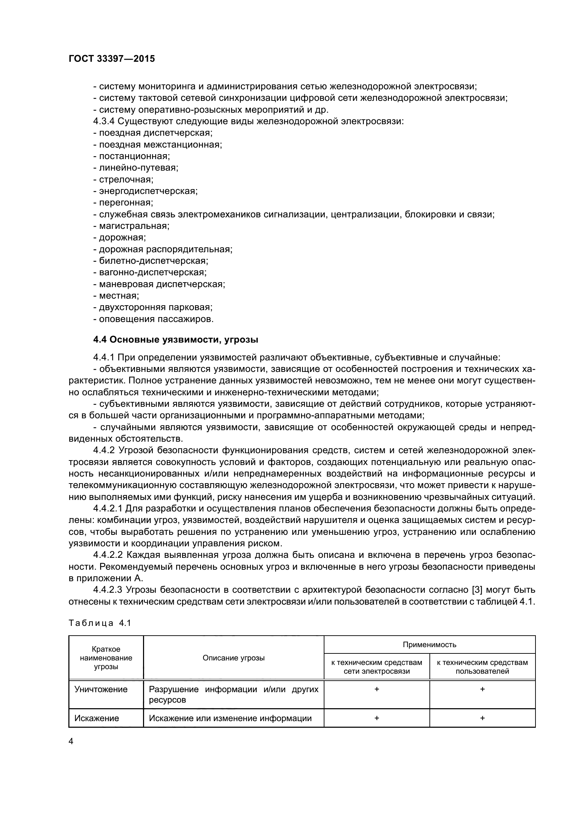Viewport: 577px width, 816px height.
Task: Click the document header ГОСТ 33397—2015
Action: point(112,59)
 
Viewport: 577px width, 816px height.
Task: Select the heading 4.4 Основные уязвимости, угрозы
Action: point(175,340)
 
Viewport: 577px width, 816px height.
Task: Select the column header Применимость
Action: point(429,645)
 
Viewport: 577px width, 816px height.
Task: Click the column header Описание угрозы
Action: point(233,658)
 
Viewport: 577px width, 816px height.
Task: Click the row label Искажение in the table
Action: point(97,718)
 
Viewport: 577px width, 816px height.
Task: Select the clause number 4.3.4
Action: point(104,121)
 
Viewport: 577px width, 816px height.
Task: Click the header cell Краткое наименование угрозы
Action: point(106,658)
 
